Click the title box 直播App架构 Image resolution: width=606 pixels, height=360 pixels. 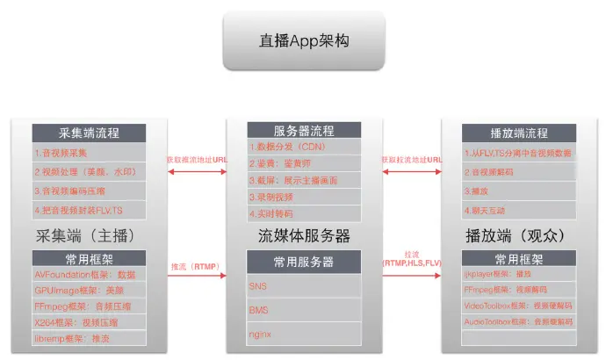[303, 40]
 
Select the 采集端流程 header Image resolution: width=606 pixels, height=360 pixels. [88, 134]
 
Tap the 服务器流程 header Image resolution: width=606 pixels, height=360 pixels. [304, 130]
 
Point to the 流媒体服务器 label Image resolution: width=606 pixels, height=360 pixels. [304, 237]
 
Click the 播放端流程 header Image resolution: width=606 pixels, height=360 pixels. [519, 134]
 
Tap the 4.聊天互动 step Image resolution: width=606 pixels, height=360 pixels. [492, 211]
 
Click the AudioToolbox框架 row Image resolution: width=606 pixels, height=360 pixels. [519, 322]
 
